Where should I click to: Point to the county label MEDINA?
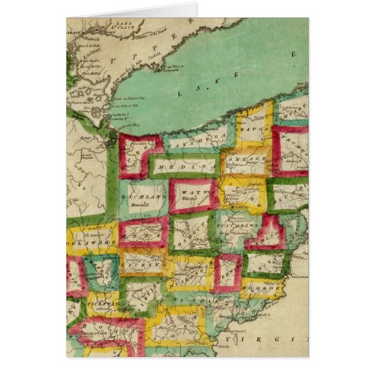[172, 164]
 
